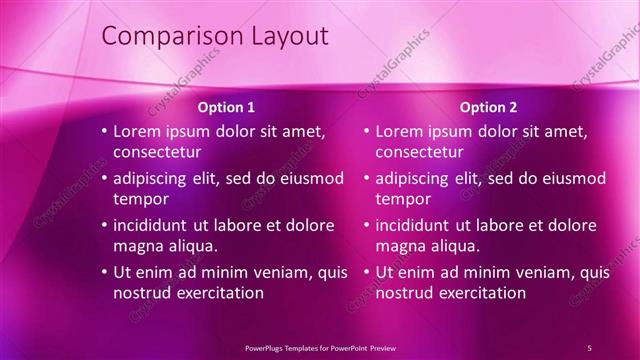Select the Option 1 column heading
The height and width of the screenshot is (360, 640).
pos(226,107)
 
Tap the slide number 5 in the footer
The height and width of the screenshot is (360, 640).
pos(589,347)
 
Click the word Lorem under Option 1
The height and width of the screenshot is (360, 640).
pos(138,131)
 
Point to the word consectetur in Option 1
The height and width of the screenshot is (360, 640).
pos(158,152)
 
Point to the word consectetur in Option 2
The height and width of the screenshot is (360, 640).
pos(420,152)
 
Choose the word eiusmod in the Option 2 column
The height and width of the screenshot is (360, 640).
pos(570,178)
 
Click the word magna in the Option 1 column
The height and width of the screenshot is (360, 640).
pos(138,246)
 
